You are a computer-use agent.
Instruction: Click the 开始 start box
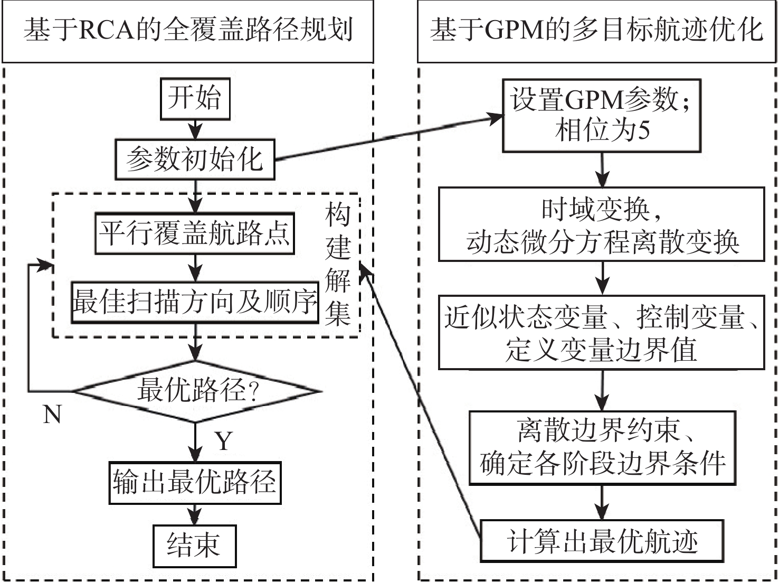[x=195, y=99]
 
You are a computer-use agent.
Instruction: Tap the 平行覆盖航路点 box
[x=195, y=233]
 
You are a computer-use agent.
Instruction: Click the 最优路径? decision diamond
[x=196, y=391]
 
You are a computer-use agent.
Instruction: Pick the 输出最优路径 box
[x=195, y=483]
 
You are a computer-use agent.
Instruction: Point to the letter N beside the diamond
[x=52, y=415]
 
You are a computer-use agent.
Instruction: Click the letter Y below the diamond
[x=224, y=440]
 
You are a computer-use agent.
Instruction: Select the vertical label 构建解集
[x=338, y=264]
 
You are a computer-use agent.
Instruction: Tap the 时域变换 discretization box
[x=601, y=224]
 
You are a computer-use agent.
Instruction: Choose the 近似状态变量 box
[x=601, y=333]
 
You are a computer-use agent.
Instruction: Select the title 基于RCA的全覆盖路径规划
[x=188, y=30]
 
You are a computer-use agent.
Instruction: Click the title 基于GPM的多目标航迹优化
[x=596, y=30]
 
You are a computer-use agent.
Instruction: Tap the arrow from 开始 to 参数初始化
[x=195, y=129]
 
